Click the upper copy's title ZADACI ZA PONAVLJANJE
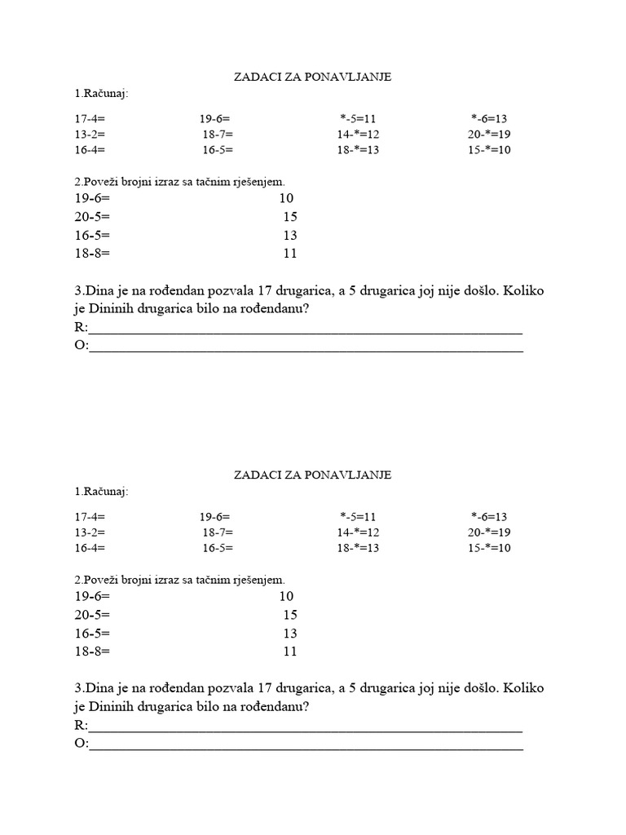coord(313,77)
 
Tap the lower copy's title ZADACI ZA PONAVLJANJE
coord(313,475)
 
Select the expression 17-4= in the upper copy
coord(90,118)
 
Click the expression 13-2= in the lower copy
coord(90,532)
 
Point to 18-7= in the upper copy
coord(218,135)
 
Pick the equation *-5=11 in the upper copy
coord(359,118)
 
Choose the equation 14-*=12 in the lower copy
coord(359,532)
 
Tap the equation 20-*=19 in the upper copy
coord(489,135)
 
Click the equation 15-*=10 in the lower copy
coord(489,548)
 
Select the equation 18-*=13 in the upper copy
coord(359,150)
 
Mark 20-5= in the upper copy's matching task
coord(91,217)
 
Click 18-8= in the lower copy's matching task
coord(91,652)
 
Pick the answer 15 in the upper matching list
coord(290,217)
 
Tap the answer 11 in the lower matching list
coord(290,652)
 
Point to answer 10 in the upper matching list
coord(286,198)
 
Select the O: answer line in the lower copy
coord(305,745)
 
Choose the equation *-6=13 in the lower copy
coord(489,516)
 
